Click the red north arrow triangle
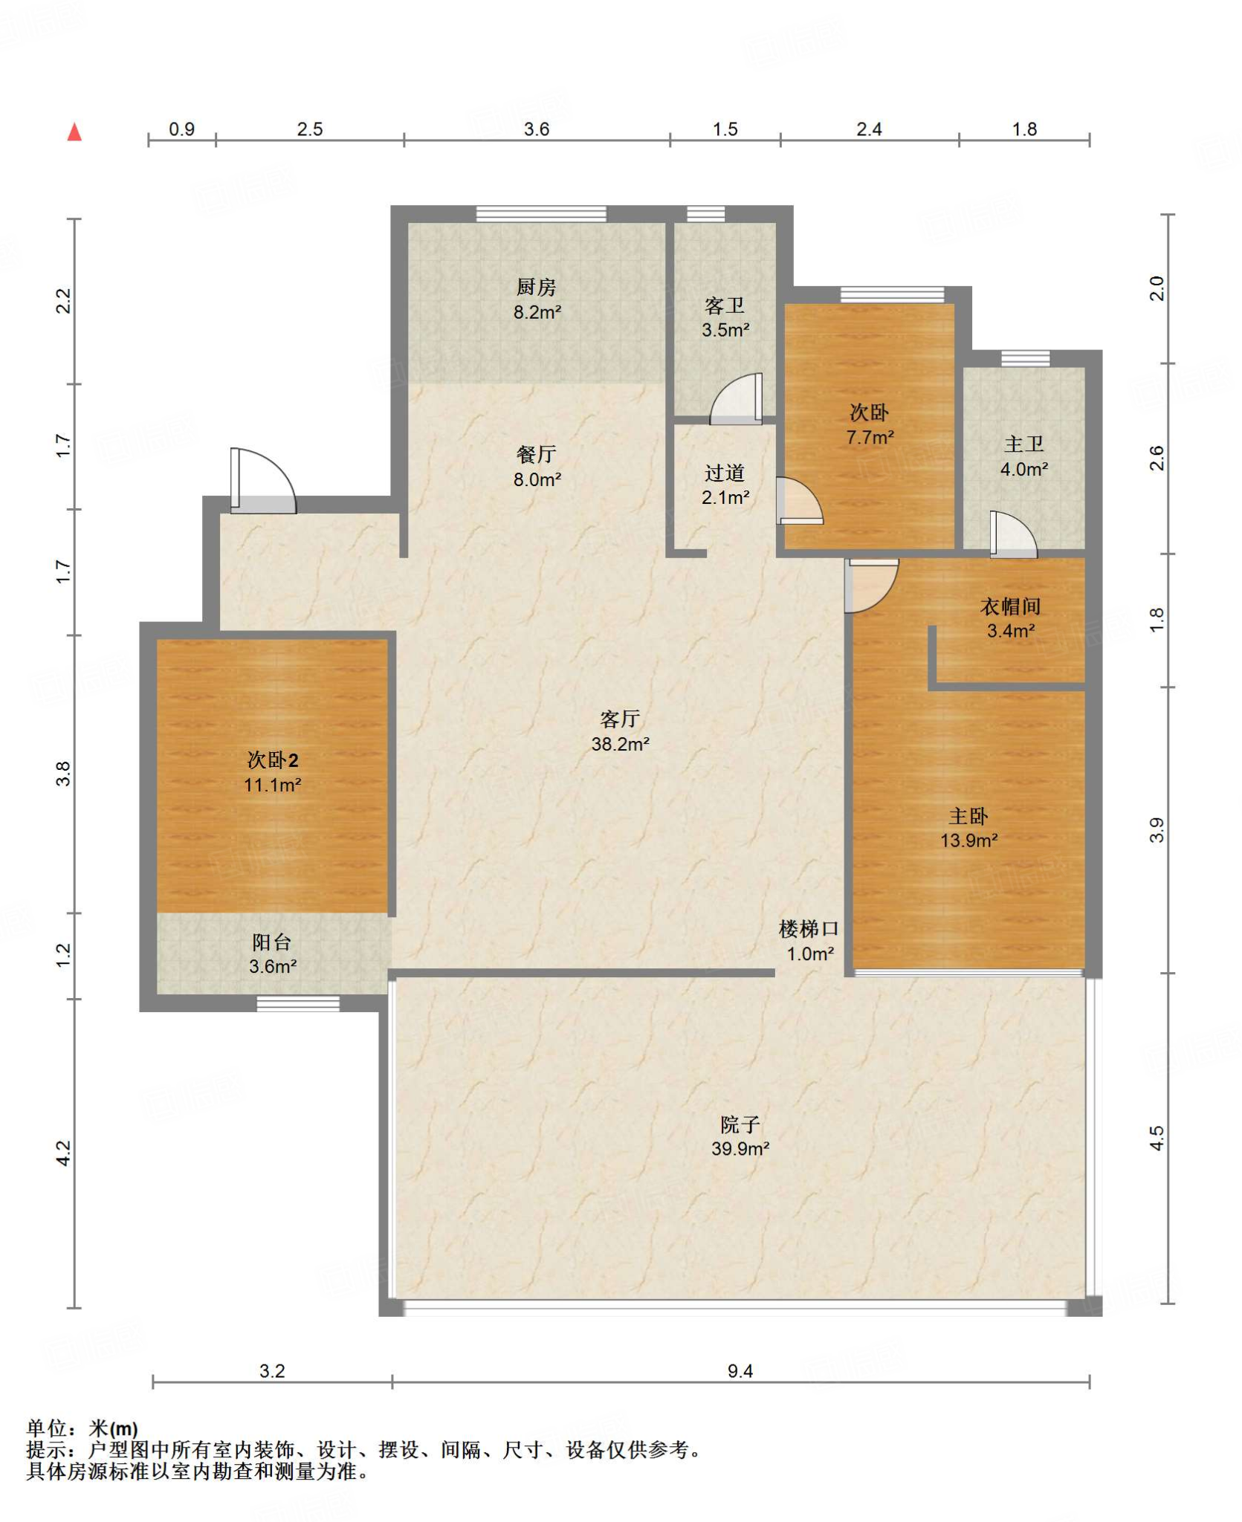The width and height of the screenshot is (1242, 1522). (x=74, y=132)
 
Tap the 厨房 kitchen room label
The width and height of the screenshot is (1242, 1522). (x=536, y=287)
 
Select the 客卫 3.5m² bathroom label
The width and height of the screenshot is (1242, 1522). (x=725, y=317)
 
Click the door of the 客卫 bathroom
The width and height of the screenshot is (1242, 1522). (x=736, y=399)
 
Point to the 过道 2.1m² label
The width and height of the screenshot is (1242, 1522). (x=725, y=485)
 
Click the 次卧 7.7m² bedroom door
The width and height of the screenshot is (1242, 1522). (x=800, y=500)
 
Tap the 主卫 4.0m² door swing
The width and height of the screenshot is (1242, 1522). (x=1013, y=534)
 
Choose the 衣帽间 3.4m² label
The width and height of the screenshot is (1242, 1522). (x=1010, y=618)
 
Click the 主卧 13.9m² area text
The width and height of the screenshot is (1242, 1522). (x=968, y=841)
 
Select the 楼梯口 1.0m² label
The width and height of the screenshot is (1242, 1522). (x=809, y=941)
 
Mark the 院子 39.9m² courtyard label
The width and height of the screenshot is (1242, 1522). (x=740, y=1136)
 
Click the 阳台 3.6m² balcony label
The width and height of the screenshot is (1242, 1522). (x=272, y=954)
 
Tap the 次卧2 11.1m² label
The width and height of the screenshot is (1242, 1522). (x=272, y=772)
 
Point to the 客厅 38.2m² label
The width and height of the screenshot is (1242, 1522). (x=620, y=731)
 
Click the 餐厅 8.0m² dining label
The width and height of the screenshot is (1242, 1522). (x=536, y=467)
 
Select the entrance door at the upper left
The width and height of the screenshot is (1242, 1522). (x=263, y=481)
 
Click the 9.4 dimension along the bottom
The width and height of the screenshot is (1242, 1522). (x=740, y=1371)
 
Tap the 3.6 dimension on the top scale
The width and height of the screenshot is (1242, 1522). (x=536, y=129)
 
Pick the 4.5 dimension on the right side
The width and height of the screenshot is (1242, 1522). (x=1157, y=1138)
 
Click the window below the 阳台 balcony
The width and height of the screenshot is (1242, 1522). (x=298, y=1004)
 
